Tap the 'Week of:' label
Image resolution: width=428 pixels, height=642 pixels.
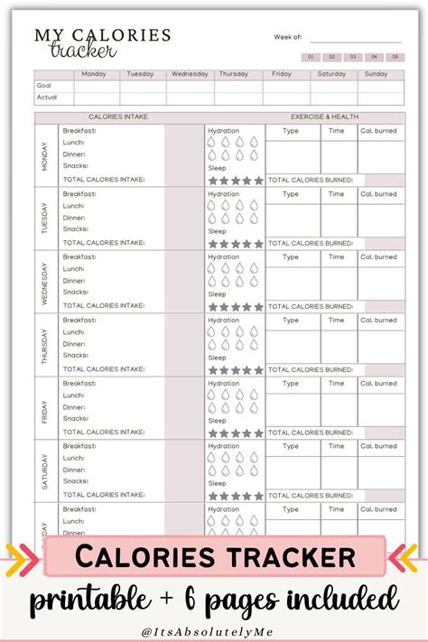(287, 37)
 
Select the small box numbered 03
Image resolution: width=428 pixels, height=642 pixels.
(353, 57)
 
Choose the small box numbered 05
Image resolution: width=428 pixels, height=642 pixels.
(394, 57)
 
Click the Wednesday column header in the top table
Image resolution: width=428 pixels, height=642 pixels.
(190, 74)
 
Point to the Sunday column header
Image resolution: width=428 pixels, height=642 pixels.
(377, 74)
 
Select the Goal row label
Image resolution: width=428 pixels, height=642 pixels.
(44, 86)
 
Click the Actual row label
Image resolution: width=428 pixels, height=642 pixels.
(47, 98)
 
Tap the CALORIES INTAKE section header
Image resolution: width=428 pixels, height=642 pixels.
(118, 117)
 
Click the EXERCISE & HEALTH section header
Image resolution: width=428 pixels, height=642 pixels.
(325, 117)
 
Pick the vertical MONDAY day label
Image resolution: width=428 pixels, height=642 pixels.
(46, 155)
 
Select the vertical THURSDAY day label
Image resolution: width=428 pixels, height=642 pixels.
(46, 345)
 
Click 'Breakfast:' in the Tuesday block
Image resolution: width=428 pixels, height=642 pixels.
(79, 194)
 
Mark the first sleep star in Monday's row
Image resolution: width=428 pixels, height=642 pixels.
(214, 181)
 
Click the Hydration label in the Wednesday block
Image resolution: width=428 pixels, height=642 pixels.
(224, 257)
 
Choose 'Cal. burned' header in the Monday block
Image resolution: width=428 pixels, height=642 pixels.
(378, 131)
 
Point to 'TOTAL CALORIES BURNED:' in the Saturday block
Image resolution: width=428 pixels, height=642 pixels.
(310, 496)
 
